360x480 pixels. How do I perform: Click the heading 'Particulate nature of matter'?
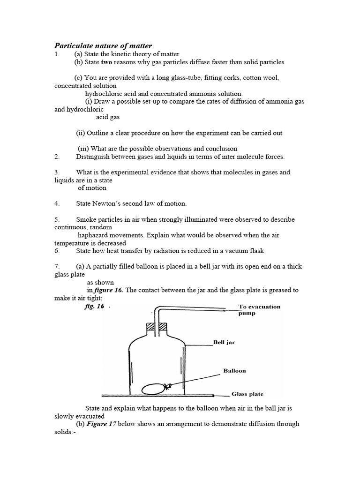pos(103,45)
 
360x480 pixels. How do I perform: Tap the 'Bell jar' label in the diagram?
pos(224,343)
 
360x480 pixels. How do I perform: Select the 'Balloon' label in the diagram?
pos(234,370)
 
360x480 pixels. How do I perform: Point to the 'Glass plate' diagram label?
pos(246,394)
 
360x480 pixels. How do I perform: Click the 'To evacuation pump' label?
pos(259,310)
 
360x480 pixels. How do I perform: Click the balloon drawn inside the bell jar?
pos(153,389)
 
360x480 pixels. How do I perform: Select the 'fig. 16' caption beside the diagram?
pos(94,307)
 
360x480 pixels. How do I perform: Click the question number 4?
pos(57,203)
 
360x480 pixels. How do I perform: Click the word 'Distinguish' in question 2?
pos(93,157)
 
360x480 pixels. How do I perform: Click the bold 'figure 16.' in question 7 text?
pos(109,290)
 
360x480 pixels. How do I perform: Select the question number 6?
pos(57,251)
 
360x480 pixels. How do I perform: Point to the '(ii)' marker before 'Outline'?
pos(81,133)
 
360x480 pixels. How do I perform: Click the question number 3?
pos(57,172)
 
